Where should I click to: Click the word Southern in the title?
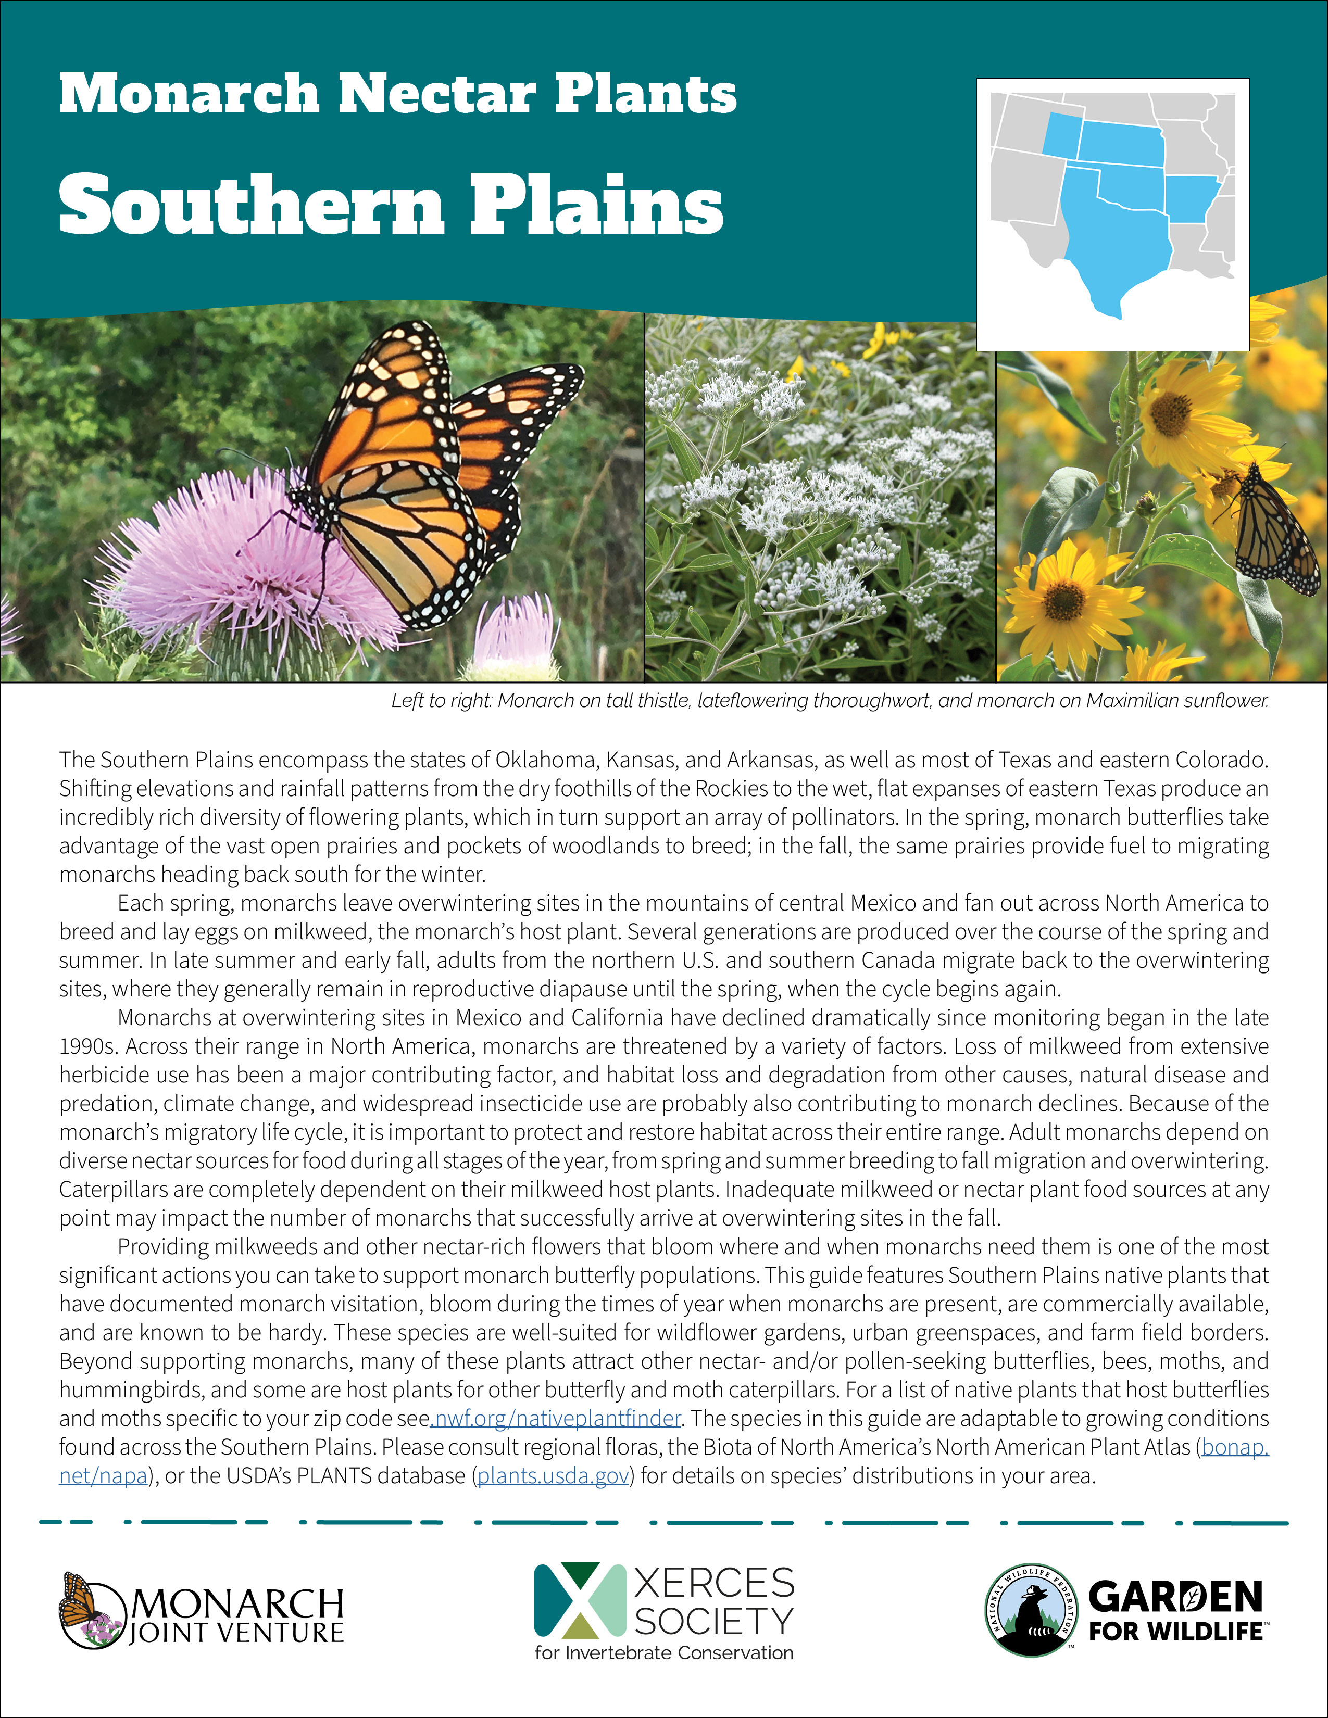(252, 205)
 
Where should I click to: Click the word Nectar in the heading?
(436, 94)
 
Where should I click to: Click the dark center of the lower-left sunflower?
(1063, 602)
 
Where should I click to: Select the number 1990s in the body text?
(88, 1046)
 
